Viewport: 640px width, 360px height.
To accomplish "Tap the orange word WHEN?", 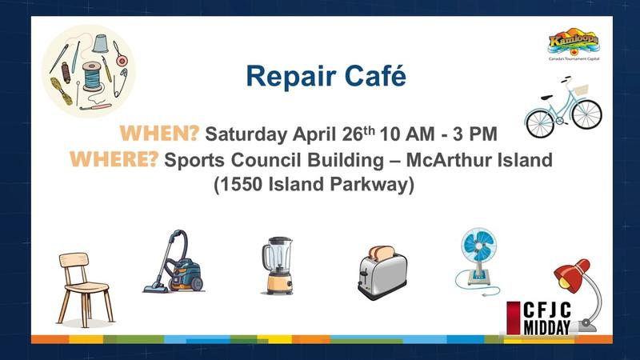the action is point(159,134).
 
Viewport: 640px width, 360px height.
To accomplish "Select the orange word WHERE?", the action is point(114,158).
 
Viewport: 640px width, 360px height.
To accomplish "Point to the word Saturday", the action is point(246,134).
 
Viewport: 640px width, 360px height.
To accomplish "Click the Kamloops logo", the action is point(574,44).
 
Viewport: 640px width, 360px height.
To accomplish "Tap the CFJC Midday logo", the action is point(538,318).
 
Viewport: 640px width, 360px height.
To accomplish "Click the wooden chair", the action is point(85,289).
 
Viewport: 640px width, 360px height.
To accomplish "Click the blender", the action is point(278,266).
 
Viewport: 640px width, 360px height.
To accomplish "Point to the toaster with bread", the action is point(382,272).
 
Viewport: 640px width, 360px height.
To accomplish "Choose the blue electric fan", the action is point(478,261).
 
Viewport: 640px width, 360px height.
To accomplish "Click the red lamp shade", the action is point(570,274).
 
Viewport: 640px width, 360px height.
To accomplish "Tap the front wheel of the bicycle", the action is point(586,114).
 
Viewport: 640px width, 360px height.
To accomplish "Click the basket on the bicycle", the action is point(581,90).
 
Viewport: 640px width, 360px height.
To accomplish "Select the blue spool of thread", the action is point(93,76).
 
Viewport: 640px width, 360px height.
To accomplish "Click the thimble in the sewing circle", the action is point(100,44).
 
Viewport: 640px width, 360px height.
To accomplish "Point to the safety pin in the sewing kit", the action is point(121,82).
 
